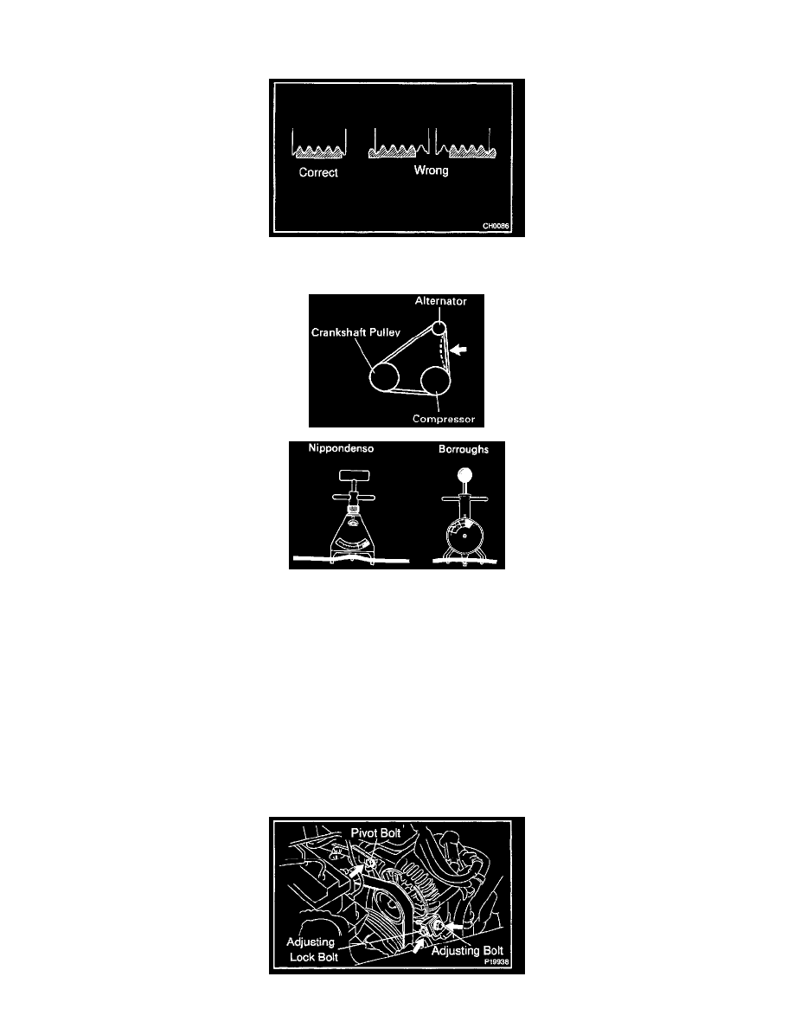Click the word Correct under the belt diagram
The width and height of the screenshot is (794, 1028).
click(x=318, y=172)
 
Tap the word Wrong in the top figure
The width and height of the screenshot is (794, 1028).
click(x=431, y=170)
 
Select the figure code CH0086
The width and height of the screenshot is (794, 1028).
click(x=496, y=226)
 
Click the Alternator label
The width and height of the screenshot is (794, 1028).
click(x=441, y=301)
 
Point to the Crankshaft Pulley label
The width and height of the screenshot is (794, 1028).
click(x=355, y=332)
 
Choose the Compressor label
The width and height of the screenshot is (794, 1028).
click(x=444, y=419)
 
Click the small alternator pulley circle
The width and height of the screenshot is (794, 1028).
click(x=439, y=328)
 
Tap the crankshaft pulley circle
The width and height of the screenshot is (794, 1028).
click(x=385, y=377)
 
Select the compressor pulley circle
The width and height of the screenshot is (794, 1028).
click(x=435, y=380)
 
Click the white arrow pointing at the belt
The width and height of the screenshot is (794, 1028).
click(x=458, y=350)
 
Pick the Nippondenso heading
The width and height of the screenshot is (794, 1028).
click(x=342, y=448)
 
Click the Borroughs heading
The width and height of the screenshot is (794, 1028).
click(x=464, y=449)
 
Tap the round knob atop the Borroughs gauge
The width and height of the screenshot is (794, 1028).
click(x=464, y=475)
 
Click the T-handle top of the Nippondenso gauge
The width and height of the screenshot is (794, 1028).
click(x=355, y=475)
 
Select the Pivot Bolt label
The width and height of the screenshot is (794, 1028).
click(x=375, y=832)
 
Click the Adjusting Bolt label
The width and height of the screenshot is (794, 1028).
click(x=467, y=951)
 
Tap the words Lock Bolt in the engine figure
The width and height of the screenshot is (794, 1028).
click(x=314, y=957)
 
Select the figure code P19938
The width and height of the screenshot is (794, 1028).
click(x=496, y=962)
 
